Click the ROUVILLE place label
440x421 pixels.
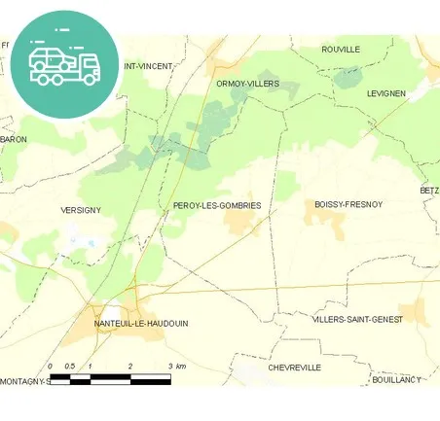[x=341, y=49]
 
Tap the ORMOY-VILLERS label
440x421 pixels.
[x=248, y=84]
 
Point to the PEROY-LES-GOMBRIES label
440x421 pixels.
[x=216, y=205]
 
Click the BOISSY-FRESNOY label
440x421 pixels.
[x=348, y=204]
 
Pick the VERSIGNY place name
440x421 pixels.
[x=81, y=210]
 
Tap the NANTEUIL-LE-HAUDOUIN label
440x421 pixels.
[x=141, y=323]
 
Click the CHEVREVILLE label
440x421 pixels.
[x=294, y=368]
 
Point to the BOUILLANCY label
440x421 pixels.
[x=402, y=380]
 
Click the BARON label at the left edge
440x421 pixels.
[x=15, y=139]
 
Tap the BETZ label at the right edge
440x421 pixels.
[x=429, y=191]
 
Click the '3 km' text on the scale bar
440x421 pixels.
[x=176, y=366]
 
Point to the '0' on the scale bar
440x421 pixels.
[x=51, y=366]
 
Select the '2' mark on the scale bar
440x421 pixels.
[x=130, y=366]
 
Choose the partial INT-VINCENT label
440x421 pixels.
[x=147, y=66]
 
